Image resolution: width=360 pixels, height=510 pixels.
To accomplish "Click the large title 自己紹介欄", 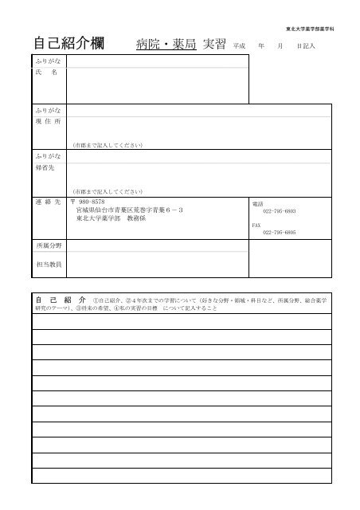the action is [x=72, y=43].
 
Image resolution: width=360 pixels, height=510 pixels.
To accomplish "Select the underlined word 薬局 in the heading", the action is [x=182, y=44].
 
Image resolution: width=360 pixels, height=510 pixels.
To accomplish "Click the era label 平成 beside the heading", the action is [x=239, y=46].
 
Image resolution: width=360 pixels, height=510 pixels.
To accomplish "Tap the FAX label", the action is [x=256, y=225].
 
